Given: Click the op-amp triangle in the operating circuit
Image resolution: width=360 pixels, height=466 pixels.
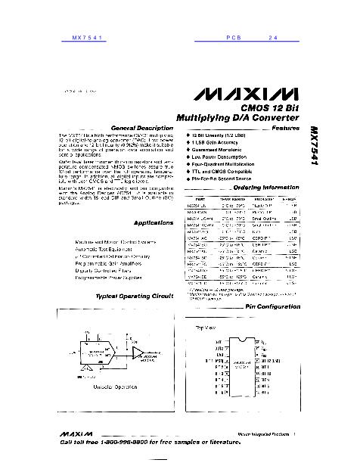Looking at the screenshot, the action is click(x=136, y=351).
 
